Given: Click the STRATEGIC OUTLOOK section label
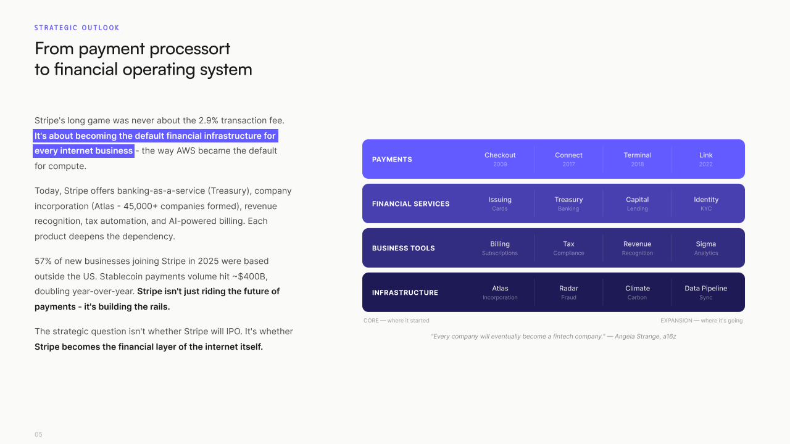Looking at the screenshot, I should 77,28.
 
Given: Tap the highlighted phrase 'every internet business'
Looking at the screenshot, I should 83,151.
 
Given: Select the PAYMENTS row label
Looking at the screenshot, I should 392,160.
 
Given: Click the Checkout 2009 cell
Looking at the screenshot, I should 500,159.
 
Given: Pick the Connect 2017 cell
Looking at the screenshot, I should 568,159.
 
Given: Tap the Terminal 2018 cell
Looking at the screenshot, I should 638,159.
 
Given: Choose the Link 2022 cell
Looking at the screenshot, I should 706,159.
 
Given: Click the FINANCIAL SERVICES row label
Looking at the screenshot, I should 410,204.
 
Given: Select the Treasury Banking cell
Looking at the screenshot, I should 568,203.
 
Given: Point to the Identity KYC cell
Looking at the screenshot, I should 706,203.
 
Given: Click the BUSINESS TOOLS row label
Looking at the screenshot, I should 403,249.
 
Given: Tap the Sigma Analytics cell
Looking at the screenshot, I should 706,248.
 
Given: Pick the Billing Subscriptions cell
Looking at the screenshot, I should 500,248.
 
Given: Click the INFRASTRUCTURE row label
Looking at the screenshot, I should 405,293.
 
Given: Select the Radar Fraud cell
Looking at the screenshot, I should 568,292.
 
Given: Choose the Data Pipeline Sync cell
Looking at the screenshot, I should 706,292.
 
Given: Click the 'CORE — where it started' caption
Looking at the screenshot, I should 396,321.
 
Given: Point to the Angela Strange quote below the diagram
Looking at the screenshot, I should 553,337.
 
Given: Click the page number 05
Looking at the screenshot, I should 38,435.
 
